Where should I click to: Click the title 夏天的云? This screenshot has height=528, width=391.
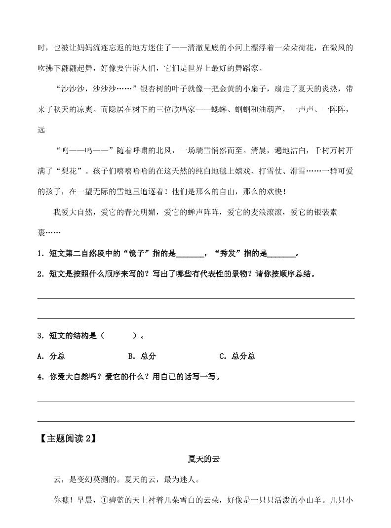tap(203, 459)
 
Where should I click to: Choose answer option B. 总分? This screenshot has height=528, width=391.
tap(142, 356)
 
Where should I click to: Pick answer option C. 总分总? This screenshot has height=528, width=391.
tap(236, 356)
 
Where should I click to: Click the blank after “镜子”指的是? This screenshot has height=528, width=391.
tap(189, 255)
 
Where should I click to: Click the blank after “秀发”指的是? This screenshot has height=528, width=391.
tap(281, 255)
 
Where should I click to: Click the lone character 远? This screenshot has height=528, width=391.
tap(40, 130)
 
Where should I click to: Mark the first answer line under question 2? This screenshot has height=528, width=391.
tap(195, 298)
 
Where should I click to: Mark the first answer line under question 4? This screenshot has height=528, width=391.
tap(195, 400)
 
